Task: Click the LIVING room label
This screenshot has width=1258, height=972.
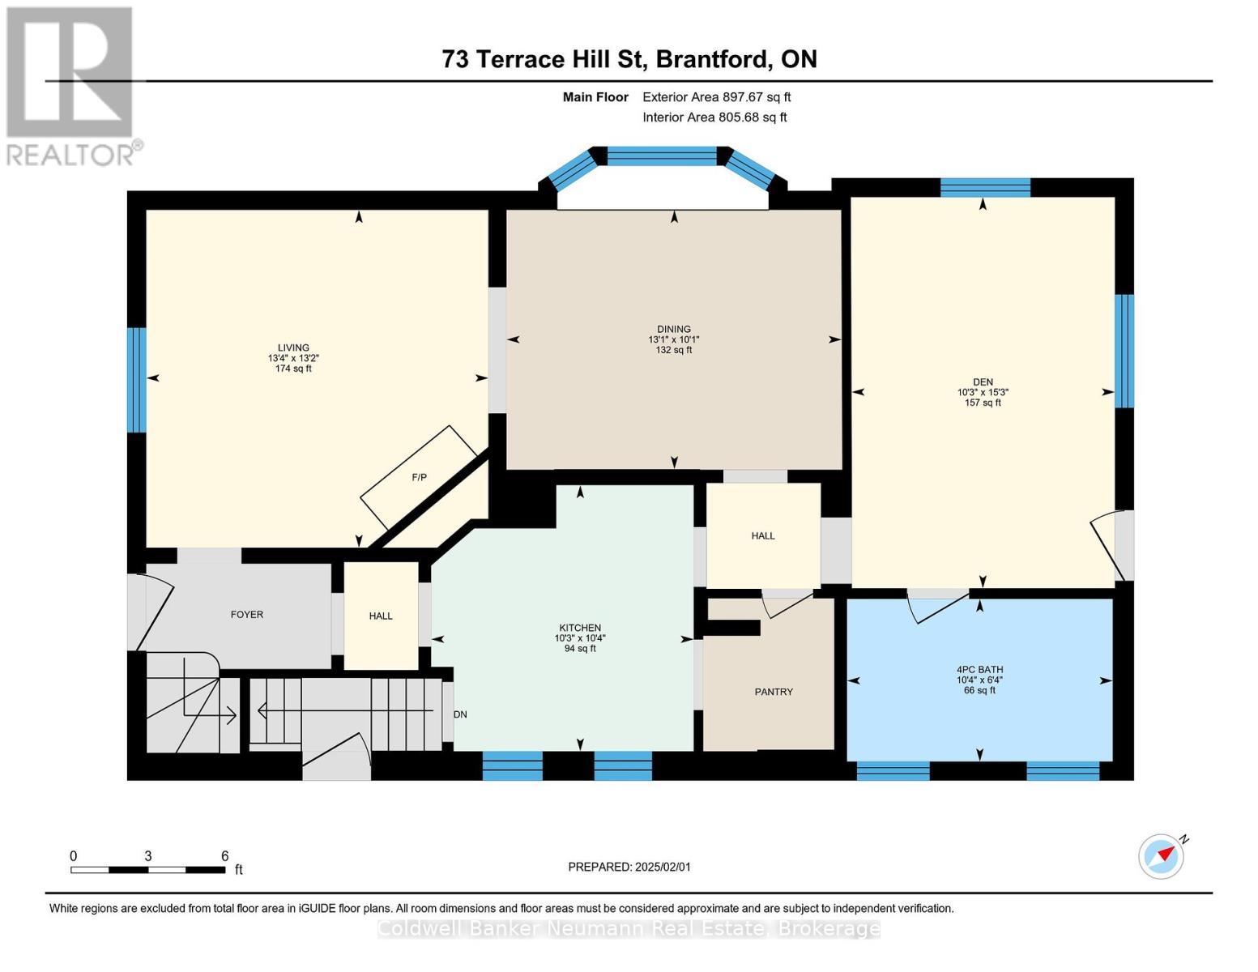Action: [293, 348]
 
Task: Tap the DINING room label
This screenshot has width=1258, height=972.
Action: [674, 330]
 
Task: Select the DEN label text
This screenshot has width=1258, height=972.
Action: [983, 382]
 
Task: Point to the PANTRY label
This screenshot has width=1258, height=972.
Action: [774, 692]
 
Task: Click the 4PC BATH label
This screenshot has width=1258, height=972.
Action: [979, 670]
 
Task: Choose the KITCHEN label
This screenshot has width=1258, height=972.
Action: [580, 628]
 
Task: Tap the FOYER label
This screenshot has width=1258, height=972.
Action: [247, 614]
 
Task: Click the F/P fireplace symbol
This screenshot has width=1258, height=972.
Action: [419, 478]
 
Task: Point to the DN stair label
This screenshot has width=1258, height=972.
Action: [460, 714]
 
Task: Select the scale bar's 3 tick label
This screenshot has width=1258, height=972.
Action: [147, 856]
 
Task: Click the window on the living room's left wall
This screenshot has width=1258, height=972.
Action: [137, 380]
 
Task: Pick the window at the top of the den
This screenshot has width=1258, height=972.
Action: [985, 188]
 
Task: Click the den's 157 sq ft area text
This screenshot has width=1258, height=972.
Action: [983, 403]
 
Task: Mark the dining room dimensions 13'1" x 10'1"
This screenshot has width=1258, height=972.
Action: [674, 340]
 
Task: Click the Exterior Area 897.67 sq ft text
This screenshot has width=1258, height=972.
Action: [717, 97]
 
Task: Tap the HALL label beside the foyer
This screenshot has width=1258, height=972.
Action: [381, 616]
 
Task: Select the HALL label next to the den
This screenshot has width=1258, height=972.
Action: [763, 536]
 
